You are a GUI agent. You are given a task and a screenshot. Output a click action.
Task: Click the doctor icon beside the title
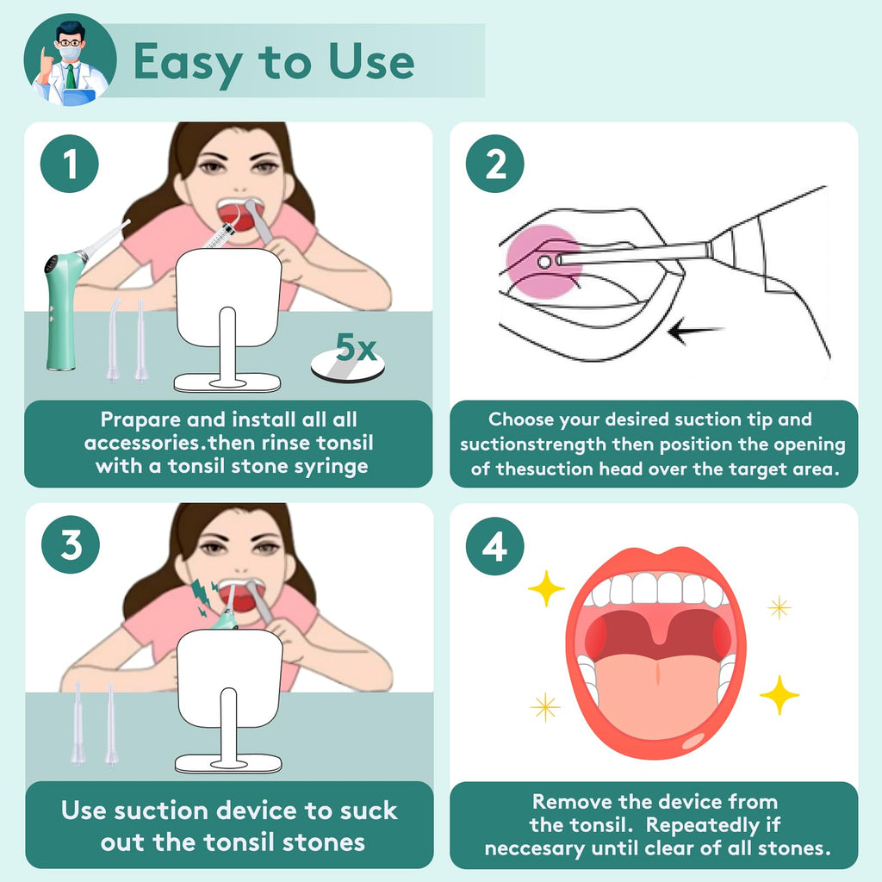(x=71, y=60)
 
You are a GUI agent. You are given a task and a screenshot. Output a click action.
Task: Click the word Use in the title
(x=371, y=61)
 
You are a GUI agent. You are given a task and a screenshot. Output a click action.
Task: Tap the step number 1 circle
(x=70, y=164)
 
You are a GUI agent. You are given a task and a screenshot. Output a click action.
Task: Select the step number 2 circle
(x=495, y=164)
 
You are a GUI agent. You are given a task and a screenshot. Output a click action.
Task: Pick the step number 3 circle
(x=71, y=544)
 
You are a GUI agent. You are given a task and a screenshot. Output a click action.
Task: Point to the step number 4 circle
(x=495, y=545)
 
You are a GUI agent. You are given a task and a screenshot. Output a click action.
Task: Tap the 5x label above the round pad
(x=356, y=347)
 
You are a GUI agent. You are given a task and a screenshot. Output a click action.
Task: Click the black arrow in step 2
(x=696, y=330)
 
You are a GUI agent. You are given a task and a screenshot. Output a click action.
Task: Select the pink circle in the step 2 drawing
(x=543, y=261)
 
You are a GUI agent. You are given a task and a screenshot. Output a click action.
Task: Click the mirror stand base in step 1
(x=227, y=383)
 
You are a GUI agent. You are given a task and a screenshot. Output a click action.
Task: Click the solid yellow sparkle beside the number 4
(x=546, y=588)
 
